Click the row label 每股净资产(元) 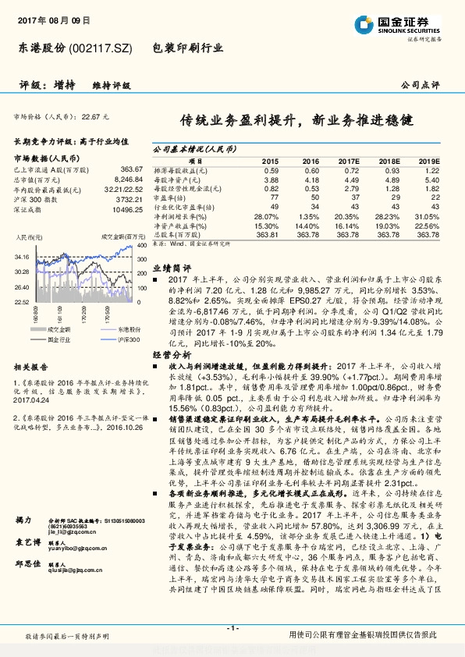(180, 178)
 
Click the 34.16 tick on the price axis (21, 256)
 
